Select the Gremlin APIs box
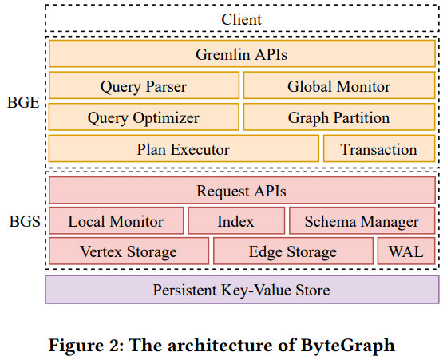pos(242,53)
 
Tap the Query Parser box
pos(144,85)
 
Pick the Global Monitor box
pos(339,85)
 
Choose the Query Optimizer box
pos(144,117)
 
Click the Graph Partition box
pos(339,117)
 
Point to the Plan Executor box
pos(184,148)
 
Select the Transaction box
pos(379,148)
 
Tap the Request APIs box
pos(242,190)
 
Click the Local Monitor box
pos(117,221)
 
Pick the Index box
pos(236,221)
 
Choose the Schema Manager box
pos(362,221)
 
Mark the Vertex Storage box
pos(129,251)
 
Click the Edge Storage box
pos(294,251)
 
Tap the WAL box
pos(406,251)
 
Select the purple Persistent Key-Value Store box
pos(242,290)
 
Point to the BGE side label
pos(23,103)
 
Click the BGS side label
pos(25,221)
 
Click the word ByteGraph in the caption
pos(348,346)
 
